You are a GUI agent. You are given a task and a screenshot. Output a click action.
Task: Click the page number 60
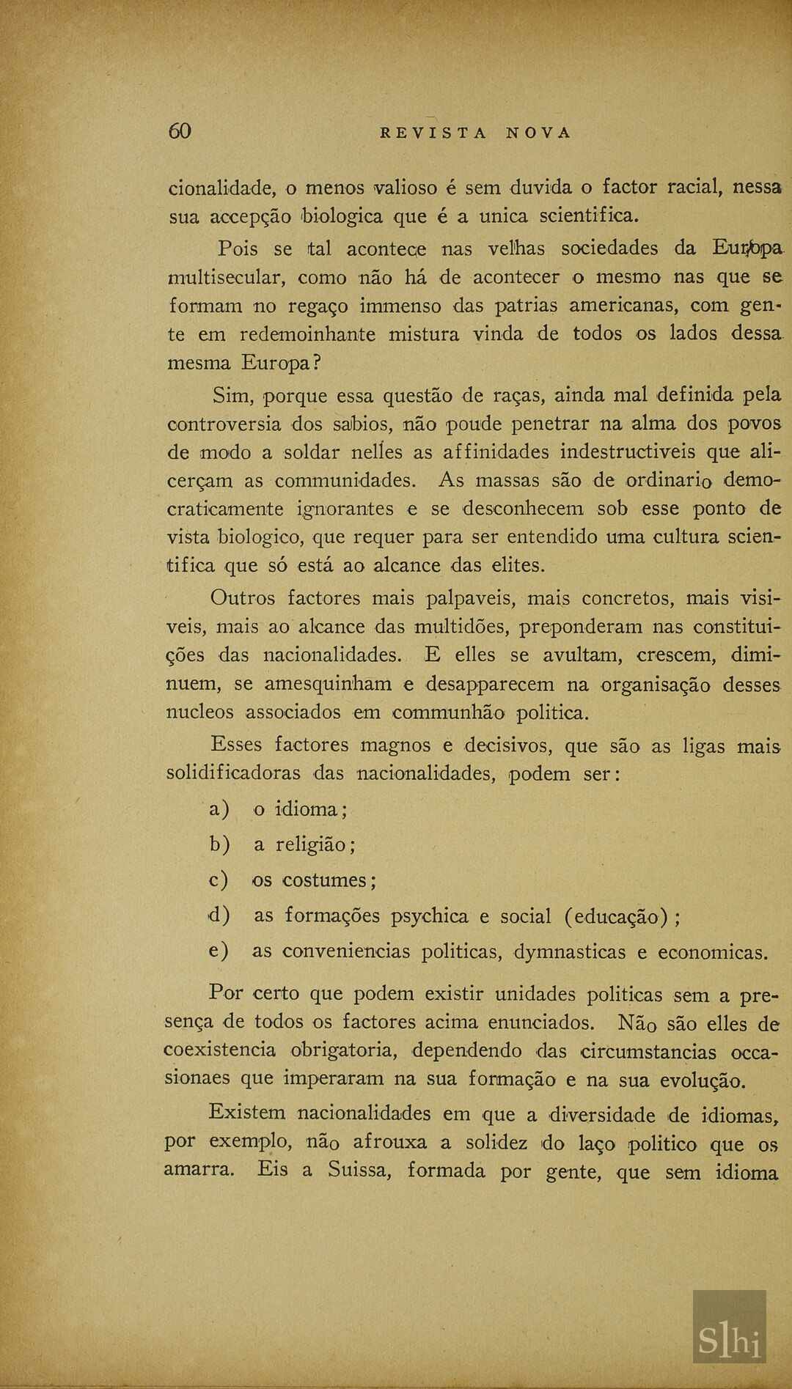point(180,131)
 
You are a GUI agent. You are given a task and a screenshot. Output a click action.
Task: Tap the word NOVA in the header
point(538,133)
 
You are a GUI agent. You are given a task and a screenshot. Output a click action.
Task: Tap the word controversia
point(224,424)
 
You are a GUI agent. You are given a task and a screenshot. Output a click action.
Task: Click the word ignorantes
point(345,509)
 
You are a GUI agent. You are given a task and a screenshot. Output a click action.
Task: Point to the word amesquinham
point(328,685)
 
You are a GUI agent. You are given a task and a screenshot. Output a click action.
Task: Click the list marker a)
point(219,809)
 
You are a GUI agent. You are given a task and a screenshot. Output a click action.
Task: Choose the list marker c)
point(219,880)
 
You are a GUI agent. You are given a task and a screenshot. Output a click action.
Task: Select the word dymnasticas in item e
point(569,952)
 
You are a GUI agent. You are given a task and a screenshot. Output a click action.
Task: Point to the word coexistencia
point(220,1050)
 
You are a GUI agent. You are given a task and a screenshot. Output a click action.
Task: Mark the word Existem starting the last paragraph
point(247,1113)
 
